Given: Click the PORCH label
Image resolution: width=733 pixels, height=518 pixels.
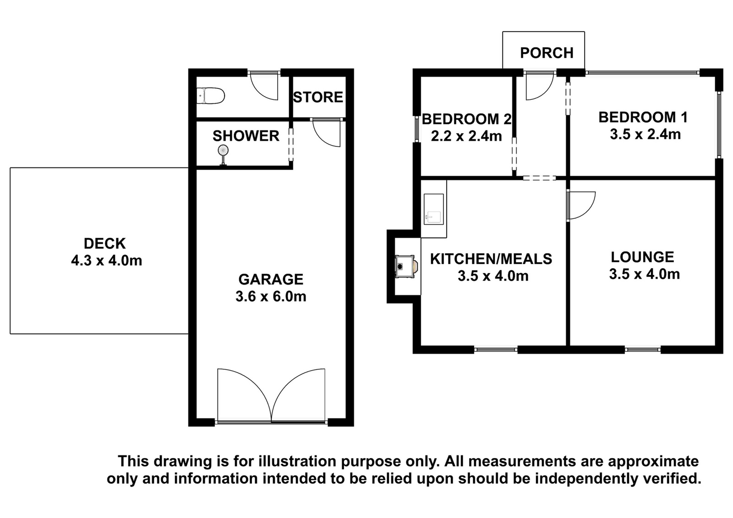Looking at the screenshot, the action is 547,53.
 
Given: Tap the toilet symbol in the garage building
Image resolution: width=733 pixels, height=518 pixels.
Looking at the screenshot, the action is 210,96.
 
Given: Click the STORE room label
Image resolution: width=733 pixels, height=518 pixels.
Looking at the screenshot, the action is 318,97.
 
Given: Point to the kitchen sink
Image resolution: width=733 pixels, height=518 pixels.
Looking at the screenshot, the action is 433,209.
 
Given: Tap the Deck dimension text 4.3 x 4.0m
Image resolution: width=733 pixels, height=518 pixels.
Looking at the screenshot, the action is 107,261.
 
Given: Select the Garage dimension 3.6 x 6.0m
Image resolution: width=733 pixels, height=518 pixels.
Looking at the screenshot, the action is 271,297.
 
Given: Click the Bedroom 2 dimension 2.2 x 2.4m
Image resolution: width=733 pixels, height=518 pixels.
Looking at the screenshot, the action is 466,136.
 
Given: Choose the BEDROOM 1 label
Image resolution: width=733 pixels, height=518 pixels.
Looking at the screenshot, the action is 643,117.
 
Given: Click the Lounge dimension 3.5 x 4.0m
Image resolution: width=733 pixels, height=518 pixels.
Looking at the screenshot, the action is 644,274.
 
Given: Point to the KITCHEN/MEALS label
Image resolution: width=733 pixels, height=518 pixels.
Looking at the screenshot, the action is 491,259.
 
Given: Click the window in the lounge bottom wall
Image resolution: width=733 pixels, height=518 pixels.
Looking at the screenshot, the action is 643,350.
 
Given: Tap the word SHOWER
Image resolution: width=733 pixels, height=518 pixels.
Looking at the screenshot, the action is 246,136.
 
